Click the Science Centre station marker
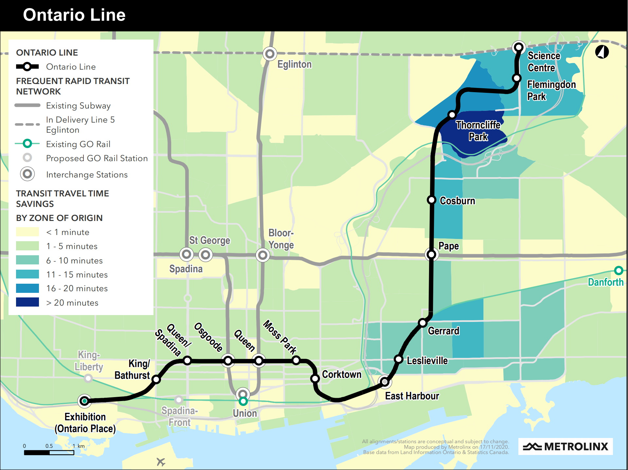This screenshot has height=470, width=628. [x=519, y=47]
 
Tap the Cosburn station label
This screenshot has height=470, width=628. [x=457, y=201]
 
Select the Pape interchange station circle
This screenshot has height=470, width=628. [x=431, y=254]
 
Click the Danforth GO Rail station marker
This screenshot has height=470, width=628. [x=618, y=270]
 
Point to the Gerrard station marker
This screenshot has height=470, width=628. [x=422, y=323]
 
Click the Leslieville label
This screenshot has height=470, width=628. [x=427, y=361]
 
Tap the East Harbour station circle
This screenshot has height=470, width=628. [x=385, y=381]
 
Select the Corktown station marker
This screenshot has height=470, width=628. [x=315, y=378]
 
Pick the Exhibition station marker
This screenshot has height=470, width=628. [x=84, y=401]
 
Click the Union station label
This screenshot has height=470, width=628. [x=245, y=413]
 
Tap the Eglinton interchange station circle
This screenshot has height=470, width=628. [x=270, y=54]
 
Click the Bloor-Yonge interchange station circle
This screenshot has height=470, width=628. [x=262, y=255]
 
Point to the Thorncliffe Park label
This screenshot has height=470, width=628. [x=478, y=131]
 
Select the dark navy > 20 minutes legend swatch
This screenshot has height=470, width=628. [x=27, y=302]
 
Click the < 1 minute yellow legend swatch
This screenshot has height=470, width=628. [x=27, y=232]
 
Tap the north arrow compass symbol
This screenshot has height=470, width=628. [x=602, y=52]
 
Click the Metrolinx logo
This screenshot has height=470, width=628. [x=565, y=446]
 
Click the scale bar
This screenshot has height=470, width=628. [x=49, y=453]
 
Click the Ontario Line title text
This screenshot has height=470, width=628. [x=74, y=15]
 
